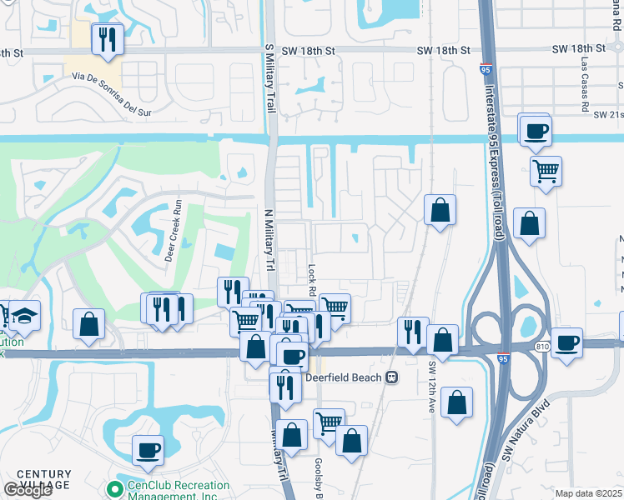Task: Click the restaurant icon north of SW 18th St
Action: coord(107,39)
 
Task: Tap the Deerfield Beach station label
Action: coord(342,377)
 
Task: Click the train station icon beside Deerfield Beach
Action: coord(390,377)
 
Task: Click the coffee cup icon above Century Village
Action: coord(148,451)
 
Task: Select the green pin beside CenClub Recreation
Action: coord(114,487)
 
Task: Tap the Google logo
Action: coord(28,490)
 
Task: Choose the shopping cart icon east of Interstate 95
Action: coord(546,172)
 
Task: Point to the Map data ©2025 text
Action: coord(588,493)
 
